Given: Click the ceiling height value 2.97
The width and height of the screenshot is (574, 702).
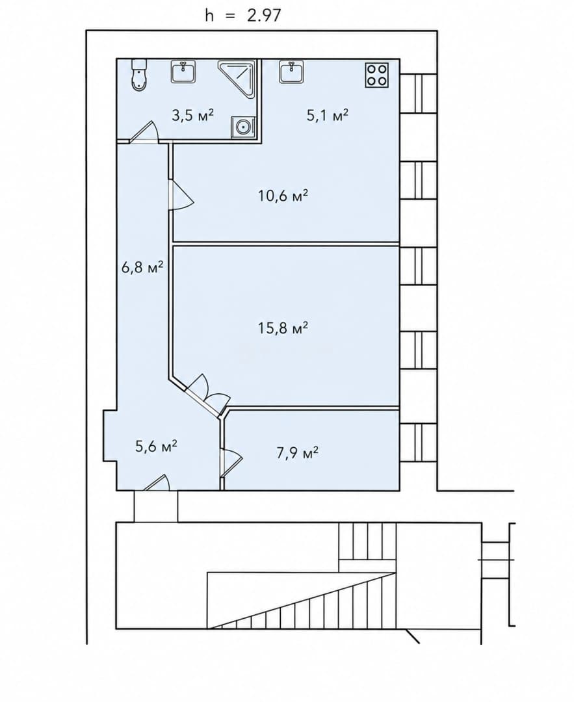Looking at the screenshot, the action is [x=264, y=16].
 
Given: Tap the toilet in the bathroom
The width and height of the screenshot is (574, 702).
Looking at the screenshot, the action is [x=140, y=75].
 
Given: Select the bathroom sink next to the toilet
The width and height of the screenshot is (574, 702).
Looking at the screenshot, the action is [x=183, y=72].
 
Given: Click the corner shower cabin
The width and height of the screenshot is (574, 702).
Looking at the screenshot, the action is [x=237, y=78].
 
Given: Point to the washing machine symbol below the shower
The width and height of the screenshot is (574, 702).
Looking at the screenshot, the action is [x=243, y=127].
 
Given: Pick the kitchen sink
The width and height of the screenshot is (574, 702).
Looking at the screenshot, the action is [x=293, y=72].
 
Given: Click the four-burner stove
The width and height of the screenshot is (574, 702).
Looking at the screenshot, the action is [x=376, y=75].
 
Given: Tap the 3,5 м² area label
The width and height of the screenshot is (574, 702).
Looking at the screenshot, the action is [x=193, y=115].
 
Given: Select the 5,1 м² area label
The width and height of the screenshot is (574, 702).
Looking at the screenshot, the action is [x=327, y=116].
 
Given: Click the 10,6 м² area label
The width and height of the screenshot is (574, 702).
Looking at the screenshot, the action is [x=283, y=196].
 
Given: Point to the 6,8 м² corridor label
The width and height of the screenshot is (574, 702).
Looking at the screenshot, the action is [x=142, y=267].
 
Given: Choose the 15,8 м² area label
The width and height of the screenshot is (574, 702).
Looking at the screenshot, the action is [x=283, y=328].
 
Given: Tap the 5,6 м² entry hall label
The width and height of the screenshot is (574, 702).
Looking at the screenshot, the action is [x=156, y=446].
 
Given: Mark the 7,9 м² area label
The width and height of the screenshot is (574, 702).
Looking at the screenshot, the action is [x=297, y=453].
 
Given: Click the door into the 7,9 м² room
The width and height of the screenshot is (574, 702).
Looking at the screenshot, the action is [x=231, y=461].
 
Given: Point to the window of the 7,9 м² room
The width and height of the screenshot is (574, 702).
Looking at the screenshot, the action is [x=418, y=443].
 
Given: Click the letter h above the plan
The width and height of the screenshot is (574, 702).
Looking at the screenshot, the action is [x=209, y=16].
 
